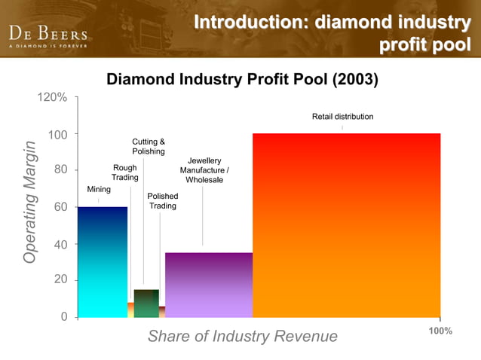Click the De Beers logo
point(48,35)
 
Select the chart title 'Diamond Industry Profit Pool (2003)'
point(242,78)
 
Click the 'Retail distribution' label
point(342,117)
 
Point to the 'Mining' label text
point(99,189)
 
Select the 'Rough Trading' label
point(124,172)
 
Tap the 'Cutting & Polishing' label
point(149,146)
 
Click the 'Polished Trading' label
point(163,201)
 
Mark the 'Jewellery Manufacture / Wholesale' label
point(204,170)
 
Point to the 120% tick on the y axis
point(53,98)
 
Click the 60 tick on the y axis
point(58,207)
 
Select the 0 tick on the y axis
point(64,316)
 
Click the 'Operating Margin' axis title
point(29,201)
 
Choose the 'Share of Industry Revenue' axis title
point(242,337)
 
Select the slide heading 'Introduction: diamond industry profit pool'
point(332,32)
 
